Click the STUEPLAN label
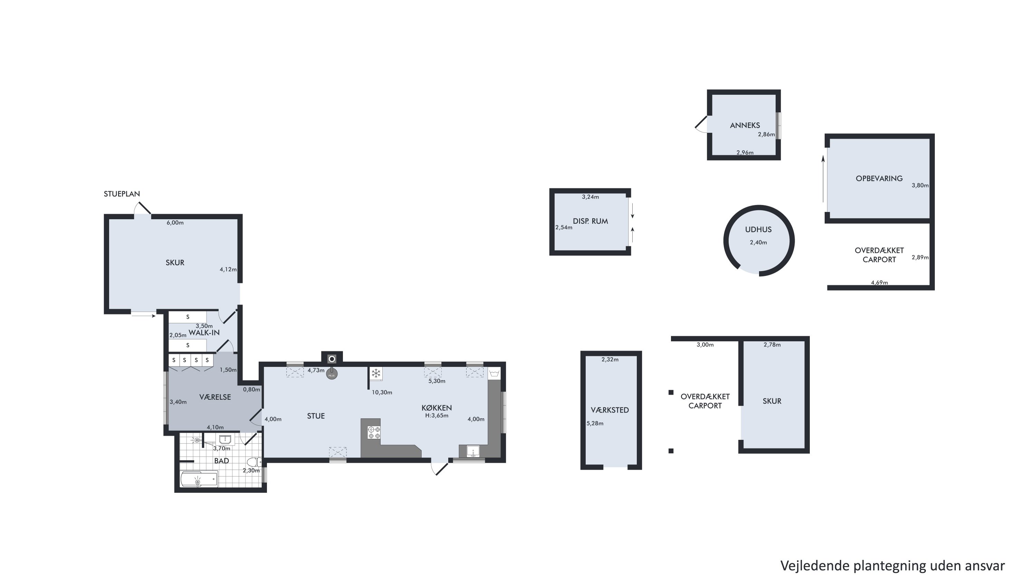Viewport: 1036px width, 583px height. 122,194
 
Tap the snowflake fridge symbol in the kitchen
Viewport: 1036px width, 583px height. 376,374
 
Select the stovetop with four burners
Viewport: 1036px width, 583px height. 374,433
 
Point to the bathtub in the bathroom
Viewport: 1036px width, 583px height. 199,480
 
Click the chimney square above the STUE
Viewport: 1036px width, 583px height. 332,358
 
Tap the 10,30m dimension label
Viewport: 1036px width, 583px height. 382,392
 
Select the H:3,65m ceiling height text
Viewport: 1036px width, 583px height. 437,416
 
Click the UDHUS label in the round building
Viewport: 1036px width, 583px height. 758,230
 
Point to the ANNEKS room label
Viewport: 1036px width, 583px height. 745,125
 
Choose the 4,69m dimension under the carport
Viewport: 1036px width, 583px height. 880,283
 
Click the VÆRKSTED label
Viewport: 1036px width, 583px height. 610,410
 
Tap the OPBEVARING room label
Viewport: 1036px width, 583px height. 879,179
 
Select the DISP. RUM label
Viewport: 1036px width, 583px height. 591,221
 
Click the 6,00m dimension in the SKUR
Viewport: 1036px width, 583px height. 175,223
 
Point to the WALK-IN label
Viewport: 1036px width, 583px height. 204,333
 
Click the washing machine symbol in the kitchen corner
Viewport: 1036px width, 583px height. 494,373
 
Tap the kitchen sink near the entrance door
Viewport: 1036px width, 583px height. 473,451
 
